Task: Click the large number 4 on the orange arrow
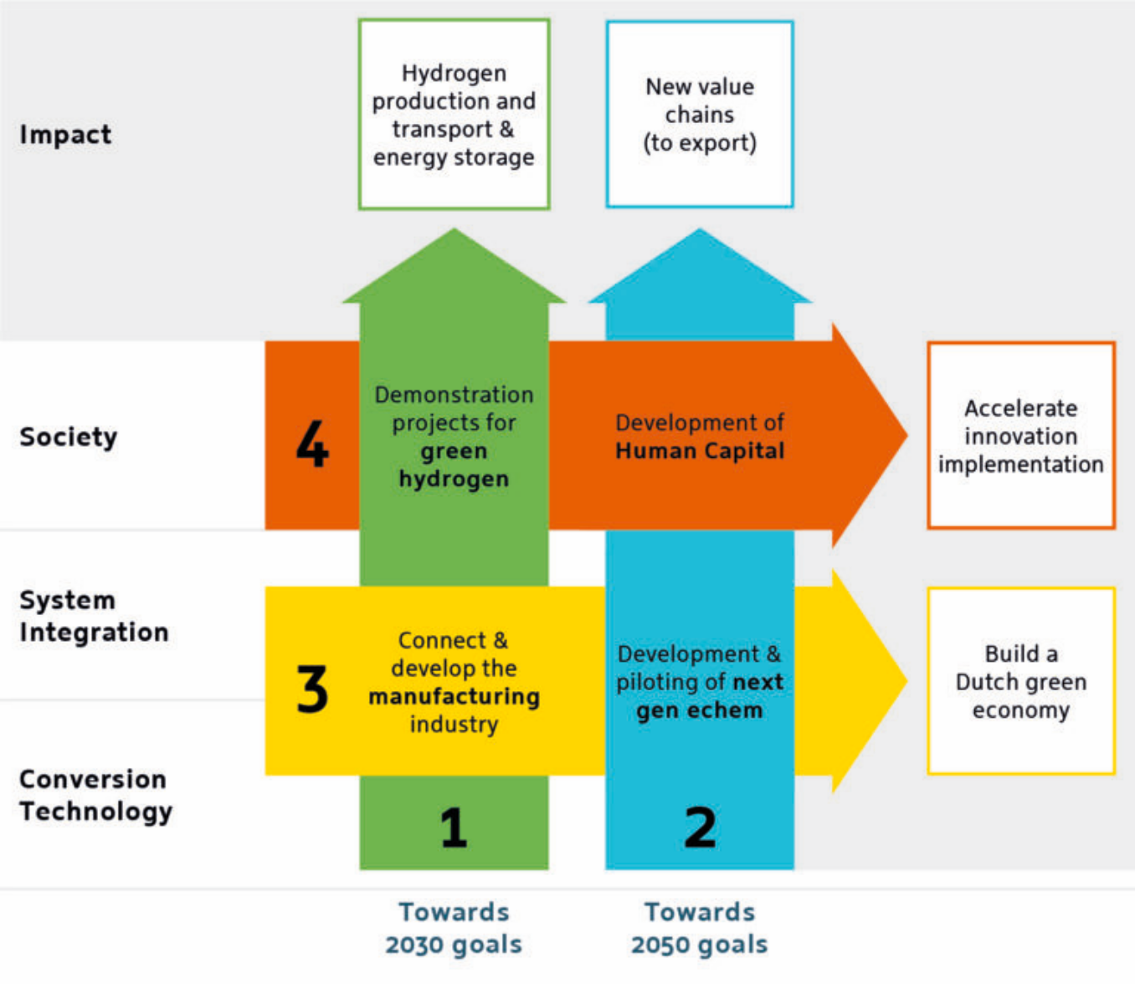[x=312, y=443]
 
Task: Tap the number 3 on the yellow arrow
[x=312, y=689]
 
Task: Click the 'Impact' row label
[x=65, y=134]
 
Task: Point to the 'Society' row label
[x=69, y=436]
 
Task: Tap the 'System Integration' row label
[x=94, y=616]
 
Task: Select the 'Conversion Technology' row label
[x=95, y=795]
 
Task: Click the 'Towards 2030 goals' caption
[x=454, y=928]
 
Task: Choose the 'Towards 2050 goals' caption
[x=700, y=928]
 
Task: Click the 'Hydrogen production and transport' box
[x=454, y=115]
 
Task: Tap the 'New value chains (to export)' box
[x=700, y=115]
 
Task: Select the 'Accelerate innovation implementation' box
[x=1021, y=436]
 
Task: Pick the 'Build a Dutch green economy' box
[x=1021, y=681]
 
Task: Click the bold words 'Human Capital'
[x=700, y=451]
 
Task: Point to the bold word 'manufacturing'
[x=454, y=696]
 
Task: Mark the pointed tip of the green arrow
[x=454, y=233]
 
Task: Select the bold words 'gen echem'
[x=700, y=710]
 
